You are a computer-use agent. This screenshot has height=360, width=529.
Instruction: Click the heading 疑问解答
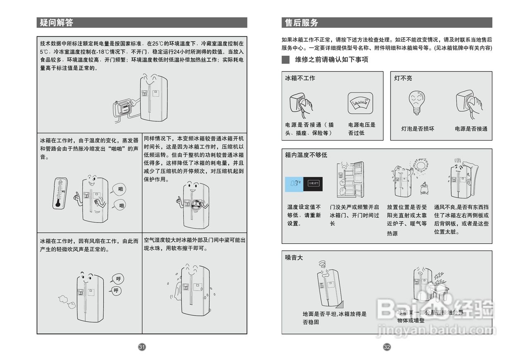[57, 23]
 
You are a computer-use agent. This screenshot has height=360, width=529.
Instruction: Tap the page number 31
[142, 347]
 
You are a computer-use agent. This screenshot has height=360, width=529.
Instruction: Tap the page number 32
[387, 347]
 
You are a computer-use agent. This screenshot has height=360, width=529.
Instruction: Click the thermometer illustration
[60, 193]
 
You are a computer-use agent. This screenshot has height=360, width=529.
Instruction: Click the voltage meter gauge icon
[360, 103]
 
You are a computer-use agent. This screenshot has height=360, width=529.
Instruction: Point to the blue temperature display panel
[294, 183]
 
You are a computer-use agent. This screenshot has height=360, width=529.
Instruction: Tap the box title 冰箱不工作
[300, 78]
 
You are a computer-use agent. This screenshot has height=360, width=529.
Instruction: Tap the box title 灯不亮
[403, 78]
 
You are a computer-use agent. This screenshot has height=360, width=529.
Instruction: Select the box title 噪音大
[294, 257]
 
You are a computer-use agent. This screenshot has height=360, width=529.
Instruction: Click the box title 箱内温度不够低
[306, 155]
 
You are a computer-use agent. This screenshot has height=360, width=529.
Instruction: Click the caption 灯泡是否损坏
[417, 129]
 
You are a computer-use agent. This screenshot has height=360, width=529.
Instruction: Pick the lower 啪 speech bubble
[121, 205]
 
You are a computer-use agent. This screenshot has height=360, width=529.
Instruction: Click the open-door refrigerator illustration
[352, 181]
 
